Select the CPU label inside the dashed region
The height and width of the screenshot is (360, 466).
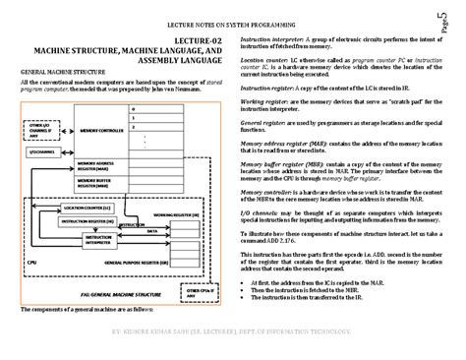(x=33, y=262)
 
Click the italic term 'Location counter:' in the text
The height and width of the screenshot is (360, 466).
(x=266, y=60)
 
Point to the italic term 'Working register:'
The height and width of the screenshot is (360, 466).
(x=266, y=99)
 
